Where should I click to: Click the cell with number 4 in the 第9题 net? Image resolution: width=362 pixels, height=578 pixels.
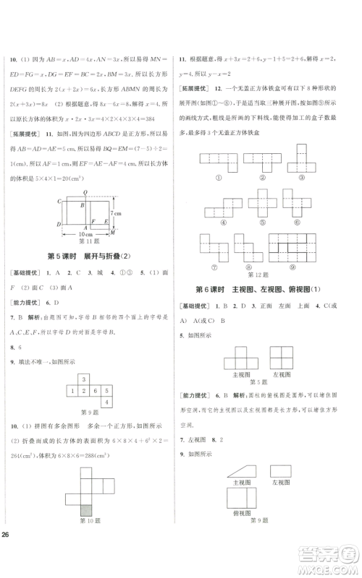coord(108,403)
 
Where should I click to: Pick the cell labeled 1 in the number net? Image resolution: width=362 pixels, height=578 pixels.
coord(72,390)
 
